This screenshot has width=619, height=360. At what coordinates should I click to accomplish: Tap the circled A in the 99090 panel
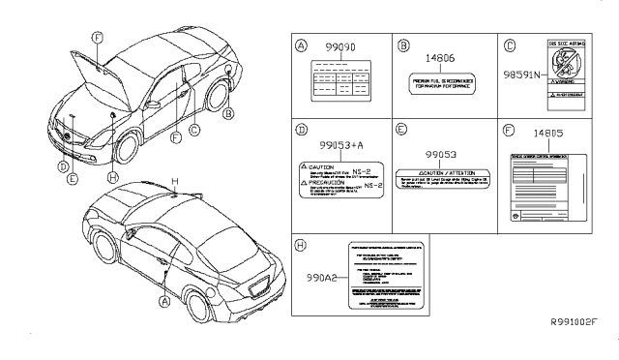(302, 45)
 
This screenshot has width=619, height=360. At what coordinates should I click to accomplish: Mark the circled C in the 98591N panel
(512, 45)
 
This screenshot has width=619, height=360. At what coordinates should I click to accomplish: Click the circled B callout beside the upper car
(229, 113)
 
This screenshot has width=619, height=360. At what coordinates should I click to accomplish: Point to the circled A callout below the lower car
(163, 301)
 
